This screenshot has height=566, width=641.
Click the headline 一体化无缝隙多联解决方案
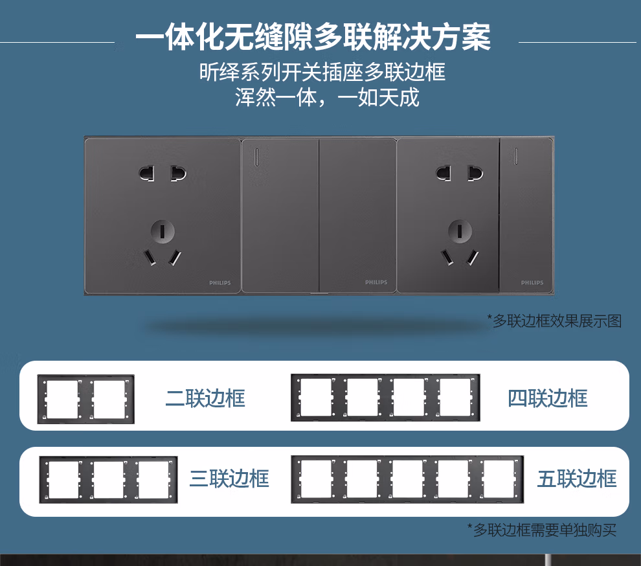(313, 37)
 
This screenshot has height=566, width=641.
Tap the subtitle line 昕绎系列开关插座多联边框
(322, 72)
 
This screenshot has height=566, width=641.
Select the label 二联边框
(205, 398)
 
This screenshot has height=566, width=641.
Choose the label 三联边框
(229, 479)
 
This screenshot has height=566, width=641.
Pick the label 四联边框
(547, 398)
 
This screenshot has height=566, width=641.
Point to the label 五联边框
(577, 479)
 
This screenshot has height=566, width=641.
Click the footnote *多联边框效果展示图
(554, 321)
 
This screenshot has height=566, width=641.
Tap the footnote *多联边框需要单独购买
(542, 530)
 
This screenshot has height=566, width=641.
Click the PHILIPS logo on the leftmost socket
(220, 282)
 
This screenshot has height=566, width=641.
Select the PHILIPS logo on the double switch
(376, 282)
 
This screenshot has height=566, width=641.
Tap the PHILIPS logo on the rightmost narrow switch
(532, 282)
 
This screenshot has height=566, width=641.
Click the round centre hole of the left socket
(163, 231)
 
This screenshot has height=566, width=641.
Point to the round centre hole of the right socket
(460, 231)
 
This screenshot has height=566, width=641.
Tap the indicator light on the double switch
(257, 157)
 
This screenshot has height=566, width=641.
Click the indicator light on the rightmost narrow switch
(515, 157)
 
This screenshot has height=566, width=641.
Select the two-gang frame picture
(86, 399)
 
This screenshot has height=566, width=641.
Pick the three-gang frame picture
(108, 480)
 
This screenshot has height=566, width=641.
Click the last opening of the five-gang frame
(499, 479)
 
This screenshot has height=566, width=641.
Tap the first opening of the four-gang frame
(316, 398)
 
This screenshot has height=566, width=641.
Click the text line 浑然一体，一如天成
(327, 98)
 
